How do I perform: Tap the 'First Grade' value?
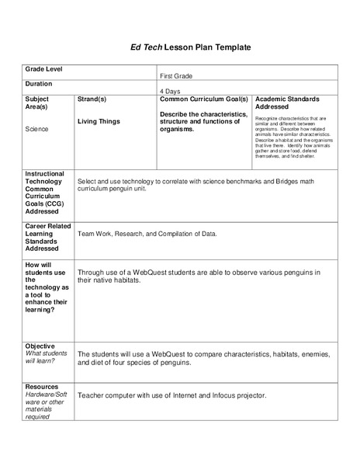click(x=176, y=76)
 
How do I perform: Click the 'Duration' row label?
click(x=39, y=83)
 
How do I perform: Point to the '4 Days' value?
click(x=170, y=91)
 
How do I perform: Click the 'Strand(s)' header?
click(x=92, y=99)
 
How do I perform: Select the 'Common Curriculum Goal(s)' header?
click(x=203, y=99)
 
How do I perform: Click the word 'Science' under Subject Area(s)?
click(x=36, y=129)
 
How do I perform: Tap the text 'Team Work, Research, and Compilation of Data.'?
click(x=147, y=233)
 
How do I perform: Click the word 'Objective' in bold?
click(x=40, y=345)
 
